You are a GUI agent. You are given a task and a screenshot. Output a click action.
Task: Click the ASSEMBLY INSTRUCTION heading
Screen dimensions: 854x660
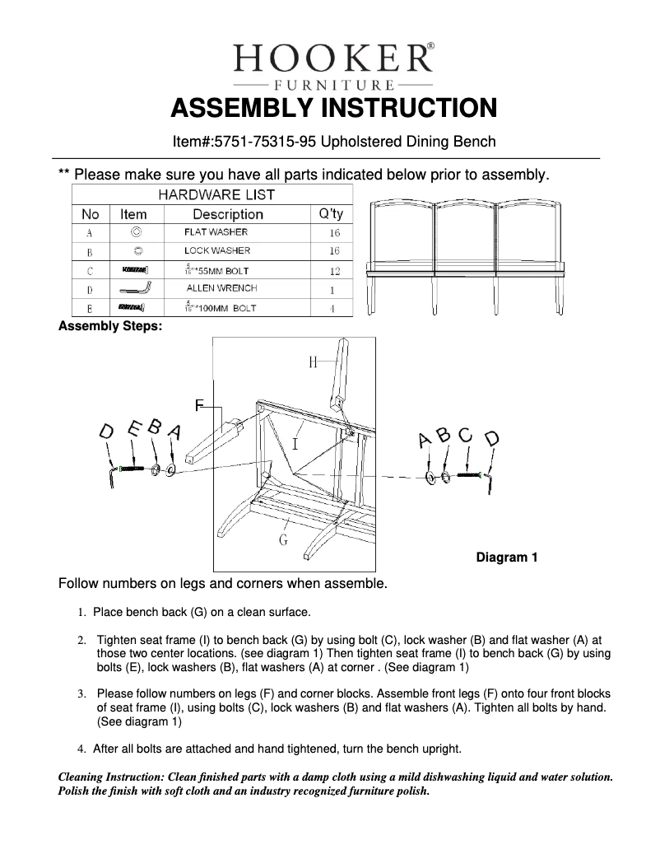tap(332, 109)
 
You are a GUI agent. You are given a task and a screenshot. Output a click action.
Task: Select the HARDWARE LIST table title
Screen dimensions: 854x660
tap(216, 195)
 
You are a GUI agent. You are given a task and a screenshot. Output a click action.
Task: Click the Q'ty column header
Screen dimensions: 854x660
tap(331, 214)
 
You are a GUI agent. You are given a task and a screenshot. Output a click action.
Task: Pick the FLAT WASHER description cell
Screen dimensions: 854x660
tap(216, 232)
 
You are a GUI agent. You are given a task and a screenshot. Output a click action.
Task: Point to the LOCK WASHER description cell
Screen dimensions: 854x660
tap(217, 250)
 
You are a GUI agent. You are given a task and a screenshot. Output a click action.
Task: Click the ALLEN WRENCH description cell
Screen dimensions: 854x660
tap(221, 288)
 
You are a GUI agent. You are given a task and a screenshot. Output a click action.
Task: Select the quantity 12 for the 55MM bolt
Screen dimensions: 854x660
tap(334, 270)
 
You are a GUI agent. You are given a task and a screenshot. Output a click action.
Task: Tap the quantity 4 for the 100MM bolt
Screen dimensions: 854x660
tap(334, 309)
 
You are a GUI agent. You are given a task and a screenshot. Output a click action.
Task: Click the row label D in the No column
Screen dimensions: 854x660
tap(89, 290)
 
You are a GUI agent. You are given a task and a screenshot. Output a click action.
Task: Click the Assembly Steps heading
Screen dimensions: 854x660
tap(110, 326)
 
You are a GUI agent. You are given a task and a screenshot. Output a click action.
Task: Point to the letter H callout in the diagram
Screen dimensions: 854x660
tap(313, 362)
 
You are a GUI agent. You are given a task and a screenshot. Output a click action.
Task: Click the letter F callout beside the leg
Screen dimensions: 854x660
tap(198, 404)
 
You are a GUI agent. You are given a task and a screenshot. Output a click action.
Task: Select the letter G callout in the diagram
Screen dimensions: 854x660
tap(282, 540)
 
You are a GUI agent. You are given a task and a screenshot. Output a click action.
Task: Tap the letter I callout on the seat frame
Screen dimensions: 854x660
tap(295, 444)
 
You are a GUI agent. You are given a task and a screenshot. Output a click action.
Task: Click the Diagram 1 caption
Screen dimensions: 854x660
tap(507, 558)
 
